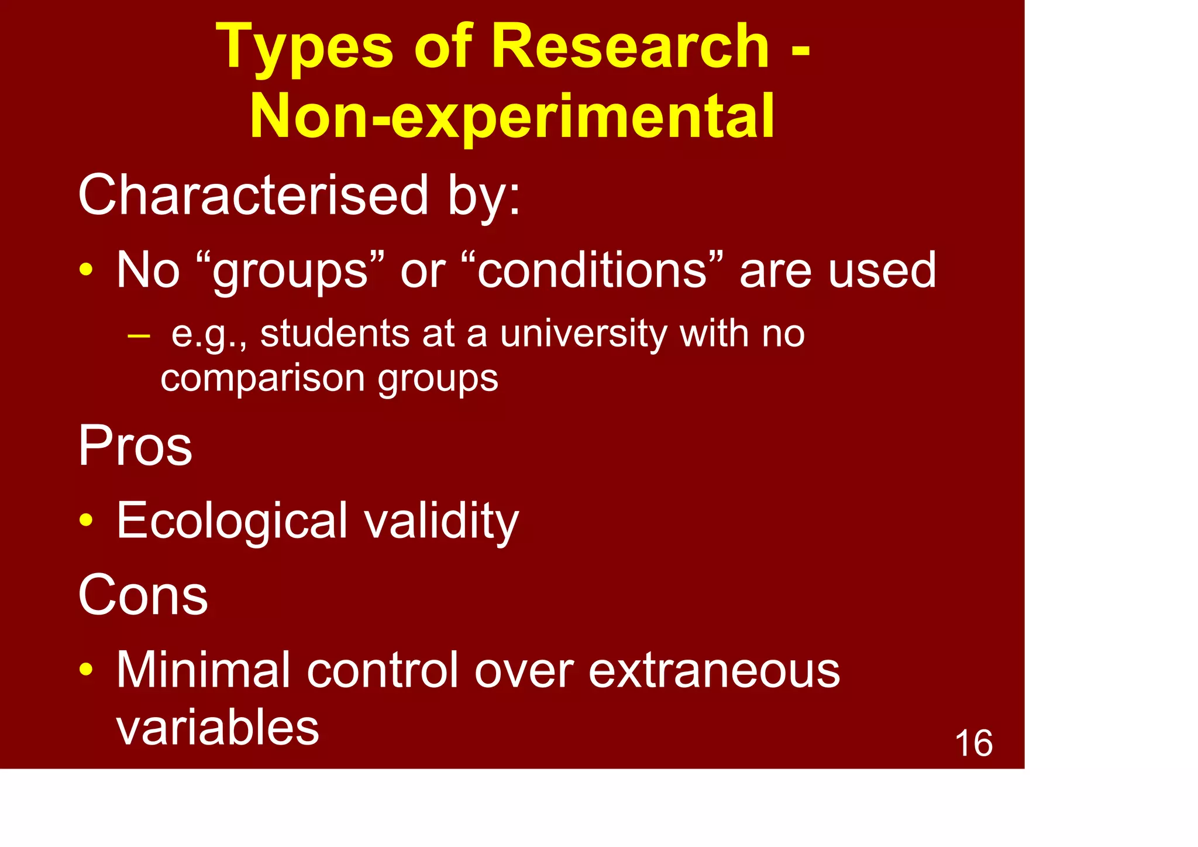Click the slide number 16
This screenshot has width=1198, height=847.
(973, 743)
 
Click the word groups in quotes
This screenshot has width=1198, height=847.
(290, 271)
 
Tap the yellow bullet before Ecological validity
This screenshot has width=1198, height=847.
(86, 520)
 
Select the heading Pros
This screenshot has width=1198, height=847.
(135, 446)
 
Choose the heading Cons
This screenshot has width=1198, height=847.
(143, 595)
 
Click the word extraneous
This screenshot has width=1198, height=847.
(714, 670)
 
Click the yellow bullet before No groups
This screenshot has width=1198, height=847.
(86, 270)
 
